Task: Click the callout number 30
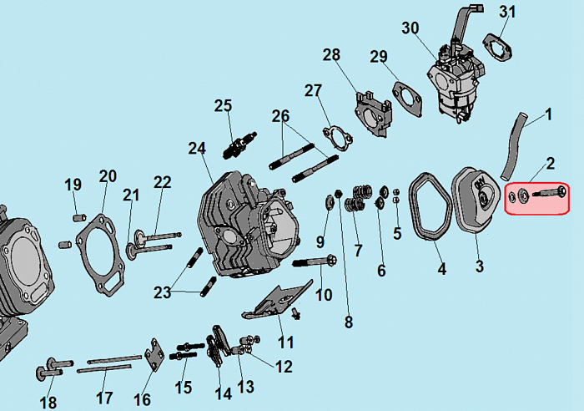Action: (410, 28)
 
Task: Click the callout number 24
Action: (197, 149)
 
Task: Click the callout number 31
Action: (508, 12)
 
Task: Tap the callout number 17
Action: (104, 398)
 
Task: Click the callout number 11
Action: (285, 341)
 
